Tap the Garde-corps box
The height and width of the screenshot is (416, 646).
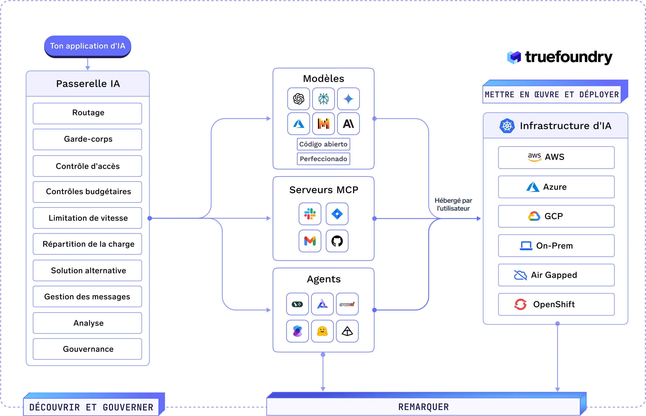[x=87, y=139]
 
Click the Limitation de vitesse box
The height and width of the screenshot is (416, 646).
[x=87, y=218]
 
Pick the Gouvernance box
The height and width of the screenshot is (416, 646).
[x=87, y=349]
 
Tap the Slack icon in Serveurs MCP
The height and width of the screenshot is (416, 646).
[x=310, y=214]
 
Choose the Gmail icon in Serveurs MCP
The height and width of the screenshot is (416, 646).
[x=310, y=241]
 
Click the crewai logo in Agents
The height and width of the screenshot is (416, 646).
[x=347, y=304]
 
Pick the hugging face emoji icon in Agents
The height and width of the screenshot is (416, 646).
[x=322, y=331]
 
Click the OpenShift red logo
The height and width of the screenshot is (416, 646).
[x=520, y=304]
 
